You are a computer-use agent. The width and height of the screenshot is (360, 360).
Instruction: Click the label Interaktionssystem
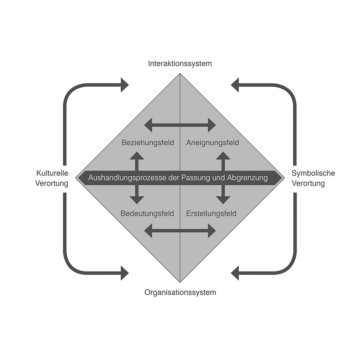(x=180, y=63)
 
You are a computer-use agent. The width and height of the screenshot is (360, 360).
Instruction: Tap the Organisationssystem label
(x=180, y=292)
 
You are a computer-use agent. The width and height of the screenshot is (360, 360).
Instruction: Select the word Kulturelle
(x=52, y=173)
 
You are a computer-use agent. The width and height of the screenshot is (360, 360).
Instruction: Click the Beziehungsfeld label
(x=147, y=143)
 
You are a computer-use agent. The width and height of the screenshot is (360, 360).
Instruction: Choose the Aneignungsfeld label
(x=212, y=143)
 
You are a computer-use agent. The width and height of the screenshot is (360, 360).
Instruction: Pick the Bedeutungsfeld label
(x=147, y=213)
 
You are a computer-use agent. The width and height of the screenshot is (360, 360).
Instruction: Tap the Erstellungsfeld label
(x=211, y=213)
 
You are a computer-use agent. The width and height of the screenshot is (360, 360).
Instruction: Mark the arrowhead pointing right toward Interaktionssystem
(x=124, y=85)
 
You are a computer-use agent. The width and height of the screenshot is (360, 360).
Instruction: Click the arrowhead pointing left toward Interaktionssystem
(x=235, y=85)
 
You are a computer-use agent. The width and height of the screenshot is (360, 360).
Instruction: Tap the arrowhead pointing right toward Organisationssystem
(x=124, y=273)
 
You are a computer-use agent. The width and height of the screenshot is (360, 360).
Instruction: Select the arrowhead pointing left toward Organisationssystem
(x=235, y=273)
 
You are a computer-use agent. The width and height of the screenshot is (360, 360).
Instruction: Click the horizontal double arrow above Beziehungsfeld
(x=180, y=125)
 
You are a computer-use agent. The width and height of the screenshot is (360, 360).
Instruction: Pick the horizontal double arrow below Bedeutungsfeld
(x=180, y=230)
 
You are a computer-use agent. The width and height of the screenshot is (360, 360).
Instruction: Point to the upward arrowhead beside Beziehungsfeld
(x=137, y=156)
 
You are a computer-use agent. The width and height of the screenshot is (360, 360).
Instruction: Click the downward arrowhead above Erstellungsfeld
(x=223, y=200)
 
